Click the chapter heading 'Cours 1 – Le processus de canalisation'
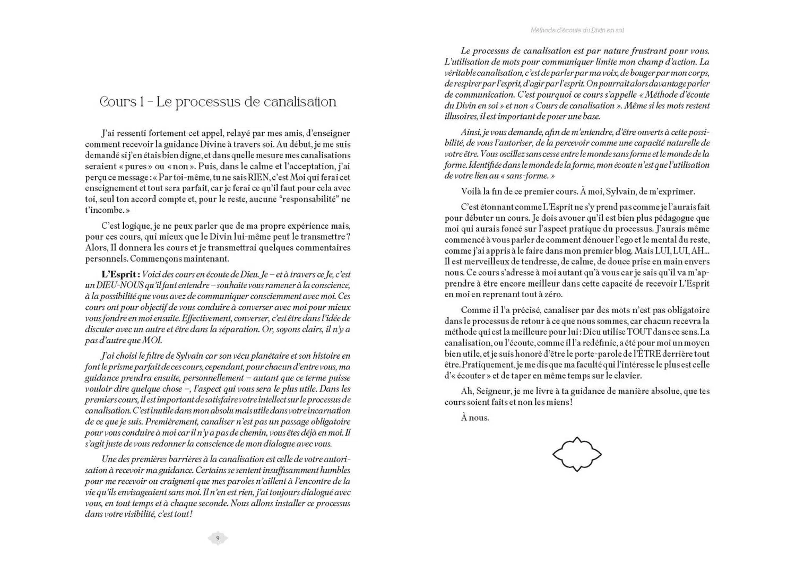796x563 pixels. [x=218, y=102]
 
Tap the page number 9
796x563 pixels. [x=218, y=538]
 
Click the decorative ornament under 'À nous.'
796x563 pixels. [x=577, y=454]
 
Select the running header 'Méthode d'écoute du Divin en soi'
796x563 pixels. [x=577, y=30]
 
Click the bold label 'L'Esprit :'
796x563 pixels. [x=120, y=274]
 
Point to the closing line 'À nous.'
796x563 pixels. [x=475, y=418]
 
